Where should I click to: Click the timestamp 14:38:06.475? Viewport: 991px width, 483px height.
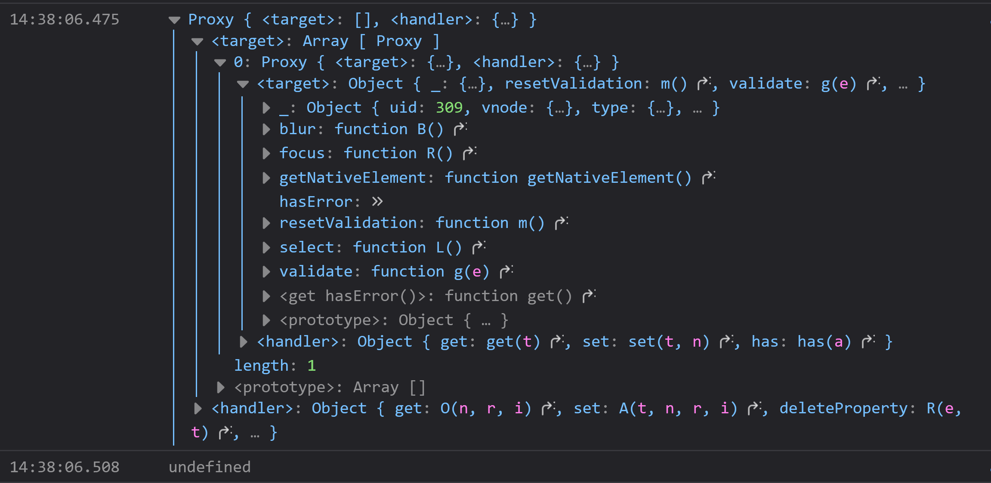pyautogui.click(x=64, y=20)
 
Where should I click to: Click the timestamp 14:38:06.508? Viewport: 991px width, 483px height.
pyautogui.click(x=64, y=467)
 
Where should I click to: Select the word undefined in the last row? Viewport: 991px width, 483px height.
pyautogui.click(x=210, y=467)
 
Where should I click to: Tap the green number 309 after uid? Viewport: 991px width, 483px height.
pyautogui.click(x=449, y=108)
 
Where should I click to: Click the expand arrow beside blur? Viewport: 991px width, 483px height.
pyautogui.click(x=266, y=129)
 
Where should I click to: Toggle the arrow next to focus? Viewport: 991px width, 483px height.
pyautogui.click(x=266, y=154)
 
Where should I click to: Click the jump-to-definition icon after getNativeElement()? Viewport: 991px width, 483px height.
pyautogui.click(x=708, y=177)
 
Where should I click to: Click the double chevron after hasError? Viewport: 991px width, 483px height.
pyautogui.click(x=377, y=202)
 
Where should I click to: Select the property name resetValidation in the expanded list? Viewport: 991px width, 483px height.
pyautogui.click(x=348, y=223)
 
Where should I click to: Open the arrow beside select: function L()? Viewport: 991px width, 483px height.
pyautogui.click(x=266, y=247)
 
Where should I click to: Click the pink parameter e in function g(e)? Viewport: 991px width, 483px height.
pyautogui.click(x=476, y=272)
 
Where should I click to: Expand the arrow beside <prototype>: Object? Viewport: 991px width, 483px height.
pyautogui.click(x=266, y=320)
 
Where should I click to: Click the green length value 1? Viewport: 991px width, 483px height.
pyautogui.click(x=312, y=366)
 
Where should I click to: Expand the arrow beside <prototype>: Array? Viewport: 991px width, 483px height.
pyautogui.click(x=221, y=388)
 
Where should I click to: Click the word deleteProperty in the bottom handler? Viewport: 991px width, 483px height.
pyautogui.click(x=843, y=408)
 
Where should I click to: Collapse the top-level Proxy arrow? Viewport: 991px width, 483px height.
pyautogui.click(x=174, y=20)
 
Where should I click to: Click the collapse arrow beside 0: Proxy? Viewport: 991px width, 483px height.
pyautogui.click(x=220, y=63)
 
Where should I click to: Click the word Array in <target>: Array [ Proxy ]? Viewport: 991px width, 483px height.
pyautogui.click(x=325, y=41)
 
